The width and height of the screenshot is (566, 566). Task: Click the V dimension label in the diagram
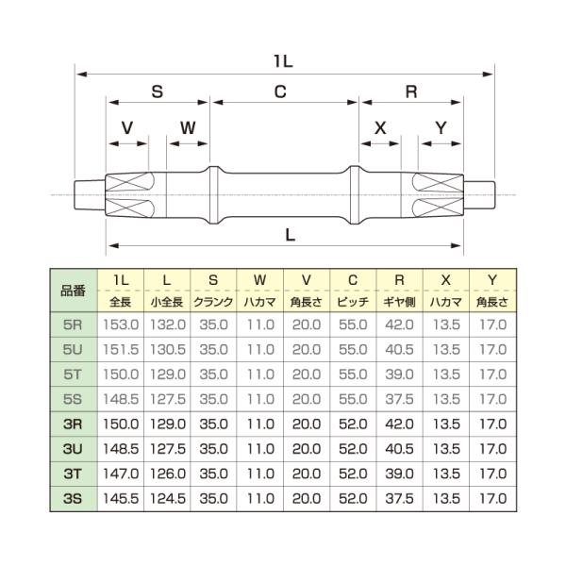click(127, 127)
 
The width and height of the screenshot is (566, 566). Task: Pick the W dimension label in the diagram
click(188, 127)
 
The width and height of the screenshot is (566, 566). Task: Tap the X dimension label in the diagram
click(381, 127)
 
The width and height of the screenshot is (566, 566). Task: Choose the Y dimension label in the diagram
click(441, 127)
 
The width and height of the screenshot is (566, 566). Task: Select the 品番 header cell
click(73, 291)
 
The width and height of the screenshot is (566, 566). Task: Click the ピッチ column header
click(353, 303)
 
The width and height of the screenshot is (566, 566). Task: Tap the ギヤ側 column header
click(399, 303)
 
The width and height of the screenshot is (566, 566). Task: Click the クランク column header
click(213, 303)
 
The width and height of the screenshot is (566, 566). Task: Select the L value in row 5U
click(166, 349)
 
